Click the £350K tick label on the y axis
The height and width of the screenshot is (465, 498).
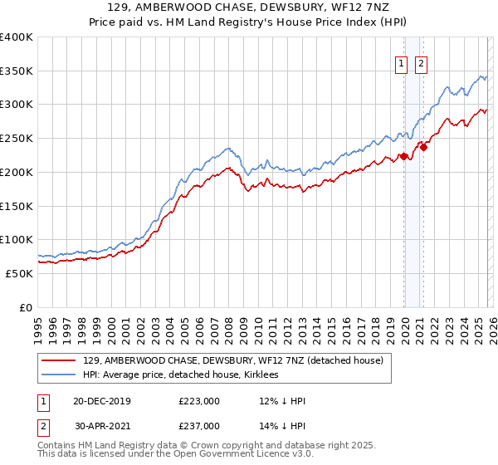tap(17, 71)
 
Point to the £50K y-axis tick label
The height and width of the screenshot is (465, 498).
tap(19, 273)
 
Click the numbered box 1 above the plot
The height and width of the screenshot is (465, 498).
tap(401, 63)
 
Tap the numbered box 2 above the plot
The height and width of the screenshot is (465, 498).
tap(421, 63)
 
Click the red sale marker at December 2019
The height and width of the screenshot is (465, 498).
tap(404, 156)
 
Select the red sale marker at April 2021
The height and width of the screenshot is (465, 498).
tap(423, 147)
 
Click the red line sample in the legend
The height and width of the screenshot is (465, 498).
tap(59, 361)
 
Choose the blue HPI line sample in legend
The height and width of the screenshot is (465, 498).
tap(59, 375)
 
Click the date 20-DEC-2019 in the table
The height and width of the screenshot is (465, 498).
tap(103, 401)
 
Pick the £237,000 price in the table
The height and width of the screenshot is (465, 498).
tap(199, 425)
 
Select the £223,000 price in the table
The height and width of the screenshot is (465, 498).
tap(199, 401)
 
